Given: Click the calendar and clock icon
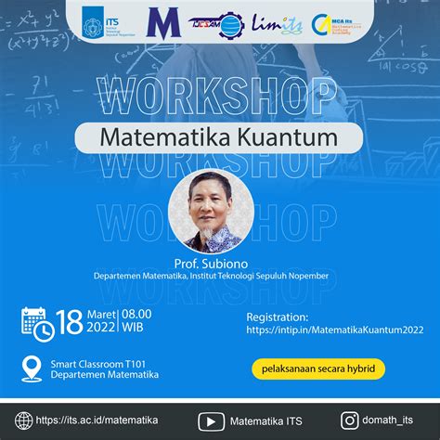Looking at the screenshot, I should pos(36,321).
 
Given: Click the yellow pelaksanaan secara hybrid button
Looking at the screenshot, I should pos(317,369).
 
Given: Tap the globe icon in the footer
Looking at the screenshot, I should pos(21,419).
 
